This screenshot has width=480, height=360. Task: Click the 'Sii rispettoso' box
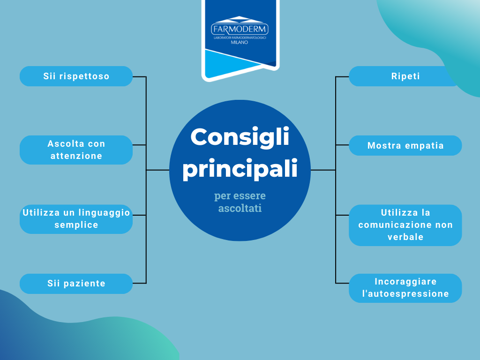[x=76, y=76]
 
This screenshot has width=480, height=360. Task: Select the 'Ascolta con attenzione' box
[x=76, y=150]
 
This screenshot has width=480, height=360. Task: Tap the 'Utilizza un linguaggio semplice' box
[x=76, y=219]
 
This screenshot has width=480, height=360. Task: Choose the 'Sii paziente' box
[x=76, y=284]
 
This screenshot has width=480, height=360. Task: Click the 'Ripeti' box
[x=405, y=76]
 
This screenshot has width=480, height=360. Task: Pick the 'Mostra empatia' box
[x=405, y=146]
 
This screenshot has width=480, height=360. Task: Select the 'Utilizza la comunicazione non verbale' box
[x=405, y=225]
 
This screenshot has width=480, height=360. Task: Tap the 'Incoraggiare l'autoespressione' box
[x=405, y=288]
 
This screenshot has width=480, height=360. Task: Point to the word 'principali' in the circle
[x=240, y=169]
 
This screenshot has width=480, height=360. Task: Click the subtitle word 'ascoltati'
[x=240, y=208]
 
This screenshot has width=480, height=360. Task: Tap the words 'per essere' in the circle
[x=240, y=195]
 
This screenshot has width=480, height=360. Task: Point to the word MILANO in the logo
[x=240, y=42]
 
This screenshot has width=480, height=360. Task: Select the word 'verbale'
[x=405, y=237]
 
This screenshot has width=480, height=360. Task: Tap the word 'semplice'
[x=76, y=225]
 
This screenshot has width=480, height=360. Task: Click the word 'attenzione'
[x=76, y=156]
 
